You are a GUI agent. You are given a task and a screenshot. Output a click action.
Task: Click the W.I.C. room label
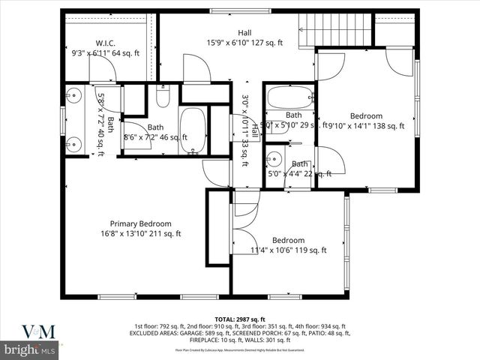tap(104, 43)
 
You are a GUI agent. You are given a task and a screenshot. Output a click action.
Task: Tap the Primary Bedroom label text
tap(140, 223)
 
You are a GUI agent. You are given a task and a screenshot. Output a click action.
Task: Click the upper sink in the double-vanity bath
tap(73, 95)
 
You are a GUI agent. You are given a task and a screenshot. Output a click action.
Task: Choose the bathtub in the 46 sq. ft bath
tap(193, 130)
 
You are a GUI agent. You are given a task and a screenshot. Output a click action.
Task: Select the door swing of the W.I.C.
tap(102, 69)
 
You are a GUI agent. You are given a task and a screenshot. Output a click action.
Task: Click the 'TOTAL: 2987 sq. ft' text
tap(239, 318)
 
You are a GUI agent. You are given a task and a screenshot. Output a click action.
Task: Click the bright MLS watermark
tap(30, 349)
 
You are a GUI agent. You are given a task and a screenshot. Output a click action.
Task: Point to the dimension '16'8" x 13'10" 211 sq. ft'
tap(140, 234)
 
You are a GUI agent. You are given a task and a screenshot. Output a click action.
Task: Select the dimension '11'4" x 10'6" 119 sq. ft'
tap(288, 250)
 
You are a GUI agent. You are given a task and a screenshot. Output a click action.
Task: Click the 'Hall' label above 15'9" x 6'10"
tap(244, 33)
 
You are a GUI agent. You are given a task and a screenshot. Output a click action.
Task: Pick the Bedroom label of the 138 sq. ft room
tap(367, 116)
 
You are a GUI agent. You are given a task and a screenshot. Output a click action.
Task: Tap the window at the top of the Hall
tap(222, 11)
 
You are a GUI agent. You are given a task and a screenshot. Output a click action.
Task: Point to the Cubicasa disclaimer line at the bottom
tap(239, 349)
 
